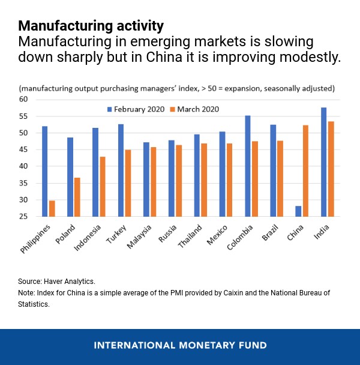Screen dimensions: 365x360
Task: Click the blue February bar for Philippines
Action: [45, 171]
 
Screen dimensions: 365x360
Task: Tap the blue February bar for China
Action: [298, 211]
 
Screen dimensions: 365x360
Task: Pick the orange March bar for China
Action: [306, 170]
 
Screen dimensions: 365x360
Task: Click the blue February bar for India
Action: [324, 162]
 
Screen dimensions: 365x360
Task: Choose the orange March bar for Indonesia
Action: [103, 186]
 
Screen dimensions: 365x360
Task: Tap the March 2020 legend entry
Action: [195, 109]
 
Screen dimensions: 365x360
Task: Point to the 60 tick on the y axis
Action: [23, 99]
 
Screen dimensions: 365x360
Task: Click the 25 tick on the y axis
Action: [23, 216]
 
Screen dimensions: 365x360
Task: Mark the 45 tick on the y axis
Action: [23, 166]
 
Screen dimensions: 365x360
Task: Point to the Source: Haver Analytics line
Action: [57, 280]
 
